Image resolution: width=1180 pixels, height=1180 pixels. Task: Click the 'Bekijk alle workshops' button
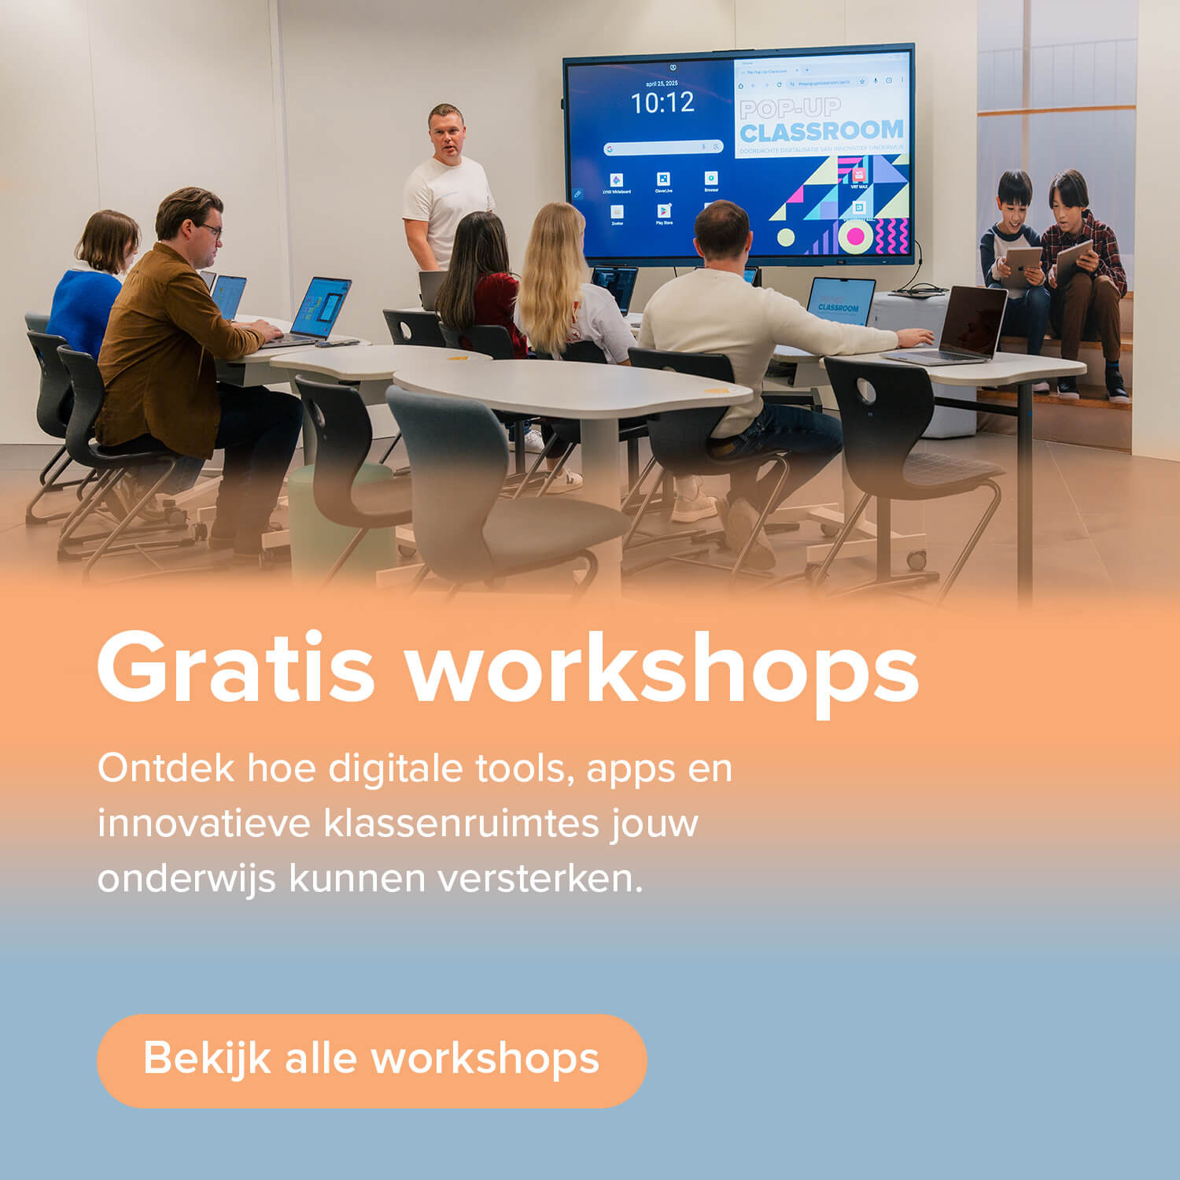click(371, 1060)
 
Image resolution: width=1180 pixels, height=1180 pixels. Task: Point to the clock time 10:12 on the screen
click(662, 103)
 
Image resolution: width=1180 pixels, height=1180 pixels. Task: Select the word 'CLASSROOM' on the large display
click(821, 131)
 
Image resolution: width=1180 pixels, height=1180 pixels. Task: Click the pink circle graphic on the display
click(855, 236)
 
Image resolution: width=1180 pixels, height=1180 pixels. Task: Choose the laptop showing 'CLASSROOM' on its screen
click(839, 302)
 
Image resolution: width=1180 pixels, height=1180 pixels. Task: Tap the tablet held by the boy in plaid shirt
click(1072, 260)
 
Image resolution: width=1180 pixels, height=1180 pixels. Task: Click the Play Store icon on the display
click(664, 212)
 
